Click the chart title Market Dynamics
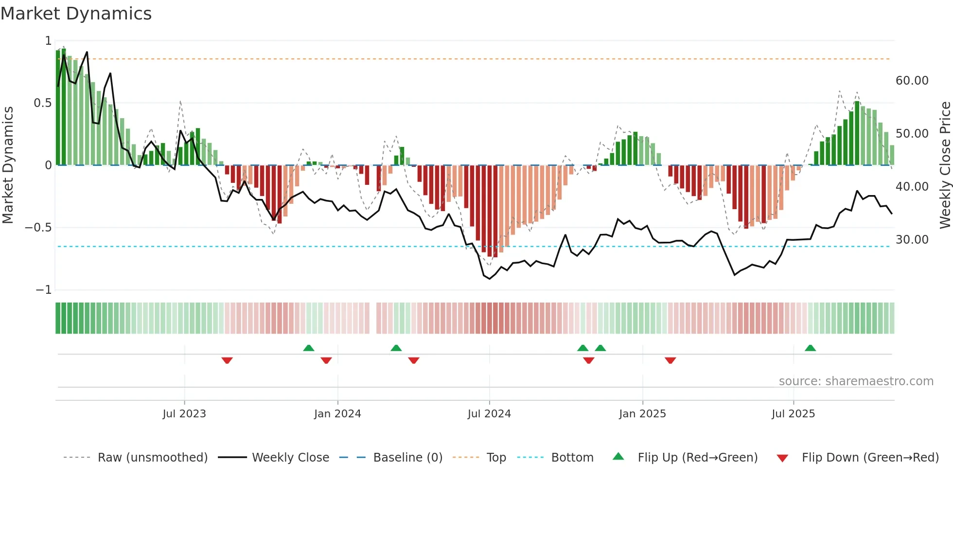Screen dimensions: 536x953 pos(76,14)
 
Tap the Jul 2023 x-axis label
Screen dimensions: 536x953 pos(184,413)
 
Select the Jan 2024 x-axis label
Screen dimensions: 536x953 pos(337,413)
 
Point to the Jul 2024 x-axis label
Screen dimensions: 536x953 pos(489,413)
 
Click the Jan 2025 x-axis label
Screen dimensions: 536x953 pos(642,413)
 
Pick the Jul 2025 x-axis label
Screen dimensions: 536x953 pos(793,413)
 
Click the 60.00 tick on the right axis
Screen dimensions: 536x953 pos(912,80)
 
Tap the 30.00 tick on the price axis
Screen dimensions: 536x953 pos(912,239)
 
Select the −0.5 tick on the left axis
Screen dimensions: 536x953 pos(38,228)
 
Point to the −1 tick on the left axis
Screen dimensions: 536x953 pos(44,290)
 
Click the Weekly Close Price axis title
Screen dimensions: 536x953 pos(945,165)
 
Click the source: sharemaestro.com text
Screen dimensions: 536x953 pos(856,381)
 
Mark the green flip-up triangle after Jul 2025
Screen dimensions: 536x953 pos(810,348)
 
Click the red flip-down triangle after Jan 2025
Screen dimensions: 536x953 pos(671,360)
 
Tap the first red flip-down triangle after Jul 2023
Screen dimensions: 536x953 pos(227,360)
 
